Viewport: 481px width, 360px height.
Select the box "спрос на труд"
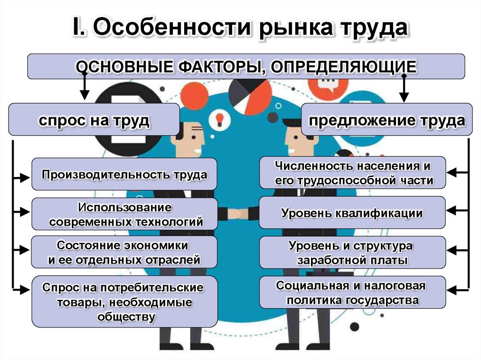click(94, 120)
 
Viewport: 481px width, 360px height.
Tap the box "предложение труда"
click(387, 120)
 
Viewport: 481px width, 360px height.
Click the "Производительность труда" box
click(124, 175)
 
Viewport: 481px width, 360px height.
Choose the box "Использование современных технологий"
click(124, 214)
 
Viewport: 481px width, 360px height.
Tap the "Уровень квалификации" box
click(352, 213)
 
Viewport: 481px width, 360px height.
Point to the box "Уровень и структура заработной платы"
click(352, 253)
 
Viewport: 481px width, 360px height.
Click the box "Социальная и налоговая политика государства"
click(352, 292)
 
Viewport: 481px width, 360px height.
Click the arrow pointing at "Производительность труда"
click(21, 178)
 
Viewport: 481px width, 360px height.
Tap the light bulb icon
click(218, 118)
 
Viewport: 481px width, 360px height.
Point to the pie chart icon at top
click(250, 96)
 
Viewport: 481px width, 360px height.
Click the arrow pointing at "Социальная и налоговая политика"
click(458, 287)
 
